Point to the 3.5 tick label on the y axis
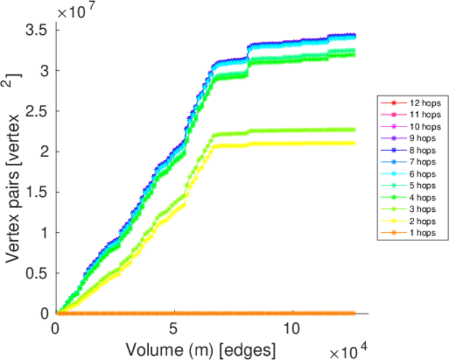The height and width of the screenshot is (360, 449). coord(37,29)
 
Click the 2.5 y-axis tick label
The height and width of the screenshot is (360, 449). coord(37,111)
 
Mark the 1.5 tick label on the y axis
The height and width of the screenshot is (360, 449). coord(37,192)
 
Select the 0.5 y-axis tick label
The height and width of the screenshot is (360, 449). coord(37,273)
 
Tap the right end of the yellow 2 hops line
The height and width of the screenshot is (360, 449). coord(354,143)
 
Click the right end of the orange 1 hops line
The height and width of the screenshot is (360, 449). coord(354,313)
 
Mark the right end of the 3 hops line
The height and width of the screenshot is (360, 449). coord(354,130)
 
